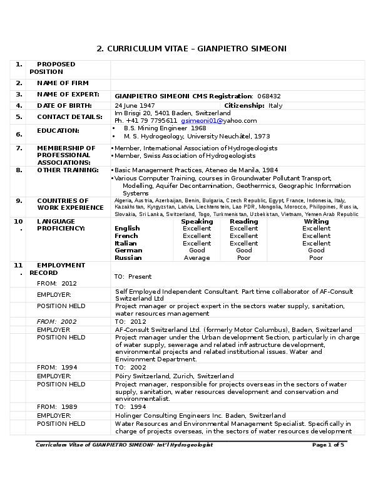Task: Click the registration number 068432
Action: pyautogui.click(x=270, y=96)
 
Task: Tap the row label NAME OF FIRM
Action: pyautogui.click(x=63, y=83)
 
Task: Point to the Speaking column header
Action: pyautogui.click(x=197, y=222)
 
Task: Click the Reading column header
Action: pyautogui.click(x=243, y=222)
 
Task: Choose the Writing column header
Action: pyautogui.click(x=316, y=222)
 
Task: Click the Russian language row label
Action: pyautogui.click(x=128, y=258)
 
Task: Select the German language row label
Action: pyautogui.click(x=128, y=251)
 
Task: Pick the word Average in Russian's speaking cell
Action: pyautogui.click(x=197, y=258)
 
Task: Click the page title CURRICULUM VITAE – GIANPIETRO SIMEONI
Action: pyautogui.click(x=191, y=49)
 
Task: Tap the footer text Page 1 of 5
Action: pyautogui.click(x=327, y=445)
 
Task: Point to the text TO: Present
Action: pyautogui.click(x=133, y=277)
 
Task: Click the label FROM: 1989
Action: pyautogui.click(x=57, y=407)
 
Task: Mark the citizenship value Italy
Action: pyautogui.click(x=275, y=106)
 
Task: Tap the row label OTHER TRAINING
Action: pyautogui.click(x=68, y=170)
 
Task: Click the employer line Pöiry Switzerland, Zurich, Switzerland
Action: pyautogui.click(x=175, y=376)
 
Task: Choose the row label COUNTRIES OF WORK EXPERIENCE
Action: pyautogui.click(x=70, y=205)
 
